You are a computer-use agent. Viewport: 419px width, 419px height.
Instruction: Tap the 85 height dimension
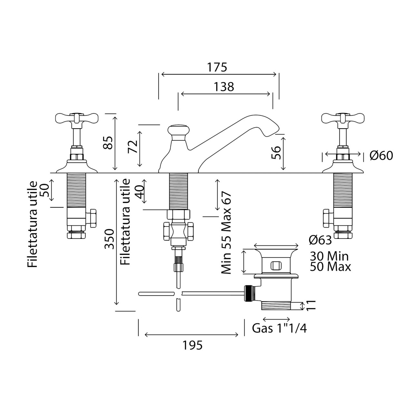[x=108, y=143]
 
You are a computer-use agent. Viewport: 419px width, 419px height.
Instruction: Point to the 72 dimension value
[x=133, y=147]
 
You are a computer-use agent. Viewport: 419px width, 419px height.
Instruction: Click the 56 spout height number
[x=276, y=153]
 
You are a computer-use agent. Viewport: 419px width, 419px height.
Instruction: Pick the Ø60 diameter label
[x=381, y=156]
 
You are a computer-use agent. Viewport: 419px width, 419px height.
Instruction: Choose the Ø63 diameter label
[x=320, y=240]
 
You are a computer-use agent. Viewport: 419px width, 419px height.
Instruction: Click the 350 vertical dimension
[x=109, y=239]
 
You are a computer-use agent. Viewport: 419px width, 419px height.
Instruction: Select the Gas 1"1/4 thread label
[x=279, y=328]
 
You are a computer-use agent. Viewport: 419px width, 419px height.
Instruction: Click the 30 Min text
[x=329, y=256]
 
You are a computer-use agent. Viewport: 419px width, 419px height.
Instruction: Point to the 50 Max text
[x=330, y=267]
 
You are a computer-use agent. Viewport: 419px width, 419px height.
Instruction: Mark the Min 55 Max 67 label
[x=226, y=233]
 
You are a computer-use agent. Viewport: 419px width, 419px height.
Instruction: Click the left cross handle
[x=77, y=118]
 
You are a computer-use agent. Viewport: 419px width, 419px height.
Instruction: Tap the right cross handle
[x=343, y=118]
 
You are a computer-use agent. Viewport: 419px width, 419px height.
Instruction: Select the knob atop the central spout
[x=178, y=130]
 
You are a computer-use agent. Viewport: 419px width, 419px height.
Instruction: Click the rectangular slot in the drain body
[x=276, y=266]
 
